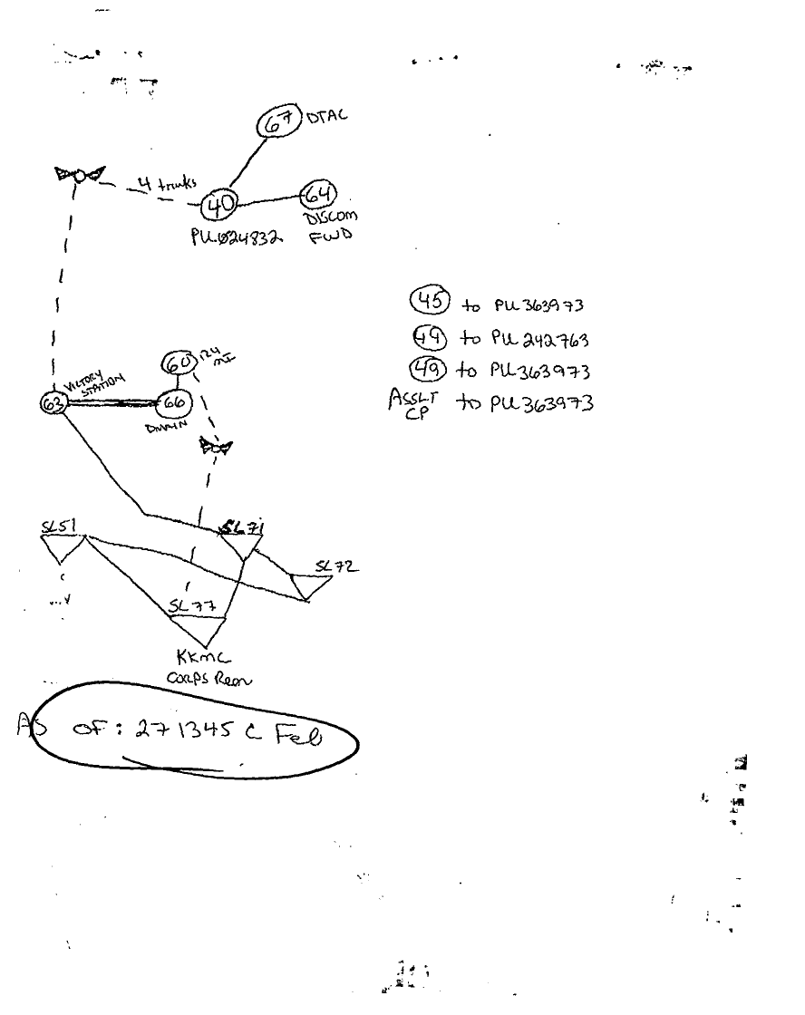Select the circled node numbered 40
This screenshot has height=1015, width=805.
[218, 203]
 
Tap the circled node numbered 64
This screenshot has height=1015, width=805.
[318, 194]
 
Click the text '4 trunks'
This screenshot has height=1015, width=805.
[163, 184]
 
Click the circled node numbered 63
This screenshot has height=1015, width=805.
[53, 404]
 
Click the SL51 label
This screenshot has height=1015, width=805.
[58, 525]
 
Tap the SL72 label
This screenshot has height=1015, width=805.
[335, 567]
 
